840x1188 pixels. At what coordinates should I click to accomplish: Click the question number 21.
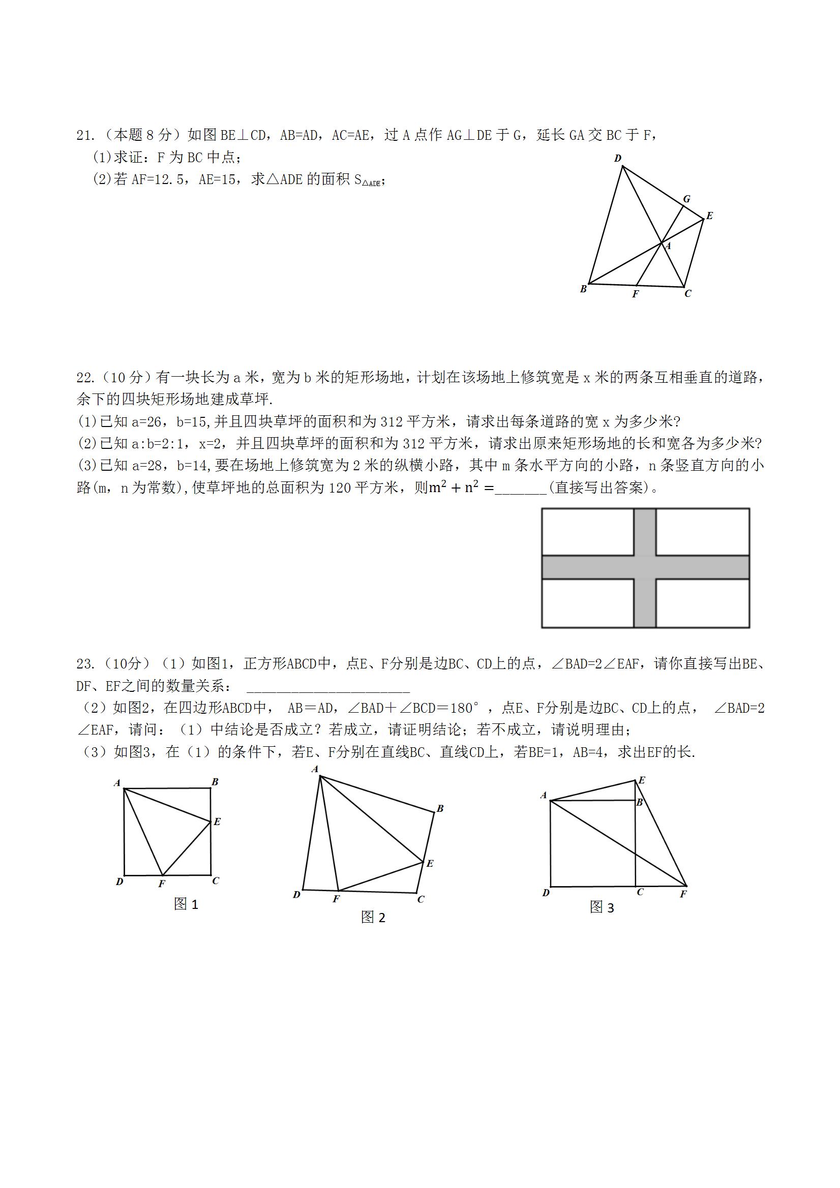tap(84, 136)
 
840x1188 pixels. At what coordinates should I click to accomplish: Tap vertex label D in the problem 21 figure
tap(617, 158)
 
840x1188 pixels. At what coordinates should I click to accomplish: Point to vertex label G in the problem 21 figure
tap(687, 199)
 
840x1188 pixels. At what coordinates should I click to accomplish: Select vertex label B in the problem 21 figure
tap(583, 289)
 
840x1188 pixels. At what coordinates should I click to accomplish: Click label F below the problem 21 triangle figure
tap(636, 294)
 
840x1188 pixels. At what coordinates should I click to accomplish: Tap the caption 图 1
tap(186, 904)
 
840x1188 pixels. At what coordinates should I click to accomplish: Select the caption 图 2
tap(373, 918)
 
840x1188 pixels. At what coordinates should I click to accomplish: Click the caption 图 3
tap(602, 907)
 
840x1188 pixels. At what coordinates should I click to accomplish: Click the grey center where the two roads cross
tap(645, 567)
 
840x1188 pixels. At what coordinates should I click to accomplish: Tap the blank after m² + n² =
tap(520, 488)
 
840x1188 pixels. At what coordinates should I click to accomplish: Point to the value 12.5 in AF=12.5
tap(169, 179)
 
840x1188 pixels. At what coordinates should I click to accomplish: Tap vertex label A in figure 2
tap(315, 770)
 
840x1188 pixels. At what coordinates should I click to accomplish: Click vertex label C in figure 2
tap(421, 899)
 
